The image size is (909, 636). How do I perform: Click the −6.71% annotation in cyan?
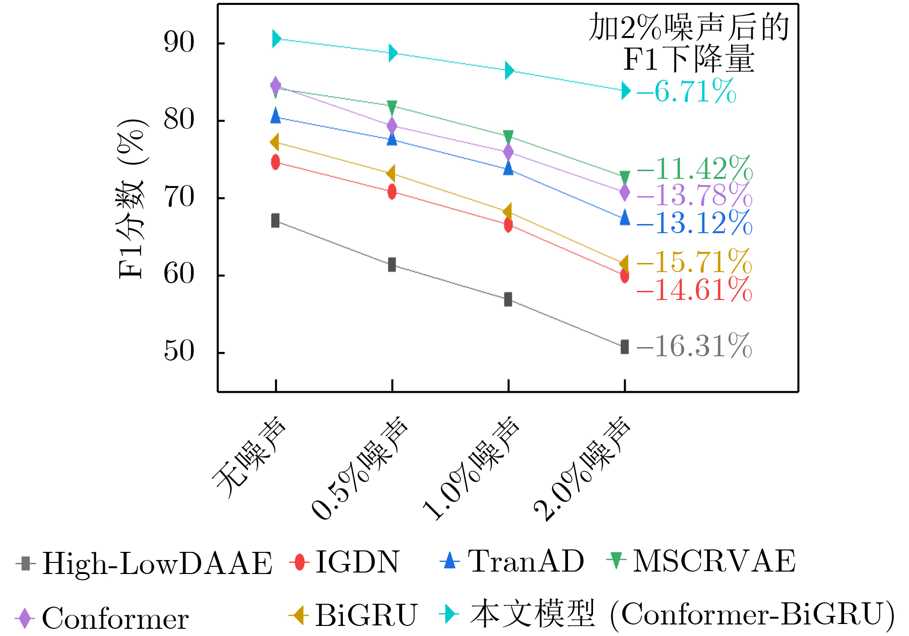[687, 91]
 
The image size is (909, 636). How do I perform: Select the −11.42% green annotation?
[695, 169]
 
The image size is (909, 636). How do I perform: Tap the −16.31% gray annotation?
[694, 346]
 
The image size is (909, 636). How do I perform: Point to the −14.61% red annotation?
[694, 290]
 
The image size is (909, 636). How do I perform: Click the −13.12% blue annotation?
[695, 223]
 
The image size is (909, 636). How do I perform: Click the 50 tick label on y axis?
[179, 351]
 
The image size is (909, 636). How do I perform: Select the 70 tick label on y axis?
[179, 197]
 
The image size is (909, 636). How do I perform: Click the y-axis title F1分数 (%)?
[131, 198]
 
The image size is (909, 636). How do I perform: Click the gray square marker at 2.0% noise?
[624, 347]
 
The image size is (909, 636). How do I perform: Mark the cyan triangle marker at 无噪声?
[276, 38]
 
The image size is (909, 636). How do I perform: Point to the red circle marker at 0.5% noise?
[392, 192]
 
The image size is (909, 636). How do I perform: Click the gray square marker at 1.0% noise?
[508, 299]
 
